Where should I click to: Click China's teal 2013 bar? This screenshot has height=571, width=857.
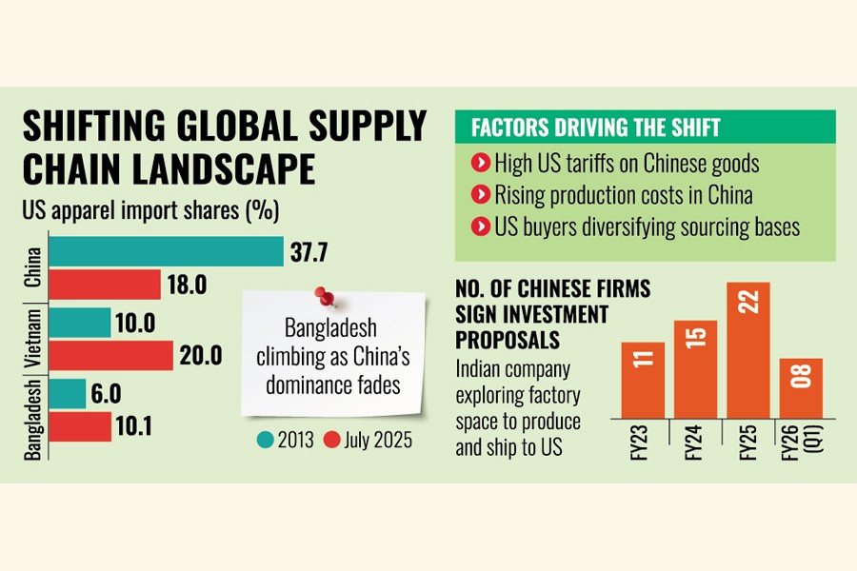click(x=166, y=252)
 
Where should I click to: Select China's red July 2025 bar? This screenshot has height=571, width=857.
click(x=105, y=285)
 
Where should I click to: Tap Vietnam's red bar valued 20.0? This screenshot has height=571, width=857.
click(x=110, y=356)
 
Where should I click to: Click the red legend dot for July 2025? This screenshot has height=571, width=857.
click(x=330, y=442)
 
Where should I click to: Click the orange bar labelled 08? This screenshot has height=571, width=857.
click(x=801, y=387)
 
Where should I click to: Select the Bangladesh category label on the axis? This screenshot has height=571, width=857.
click(x=31, y=418)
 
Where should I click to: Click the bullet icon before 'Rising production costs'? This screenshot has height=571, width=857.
click(x=479, y=196)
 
